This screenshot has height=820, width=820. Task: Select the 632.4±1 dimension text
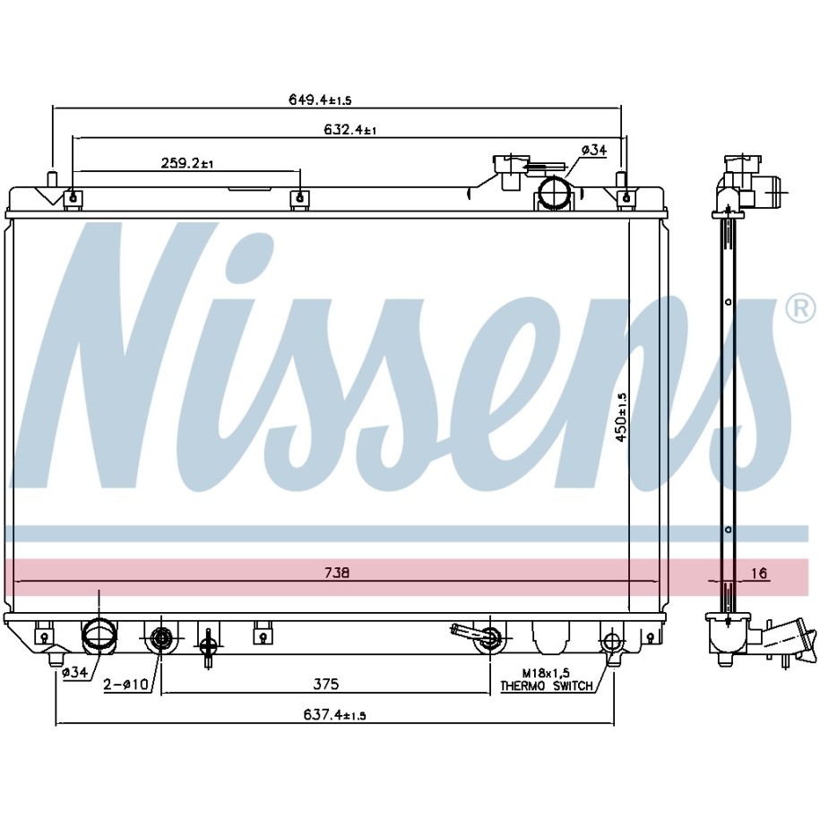pyautogui.click(x=350, y=130)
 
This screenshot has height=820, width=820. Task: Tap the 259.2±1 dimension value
pyautogui.click(x=186, y=163)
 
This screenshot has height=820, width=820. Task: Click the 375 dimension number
pyautogui.click(x=326, y=685)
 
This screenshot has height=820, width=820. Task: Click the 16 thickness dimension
pyautogui.click(x=758, y=573)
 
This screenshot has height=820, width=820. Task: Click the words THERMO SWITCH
pyautogui.click(x=546, y=686)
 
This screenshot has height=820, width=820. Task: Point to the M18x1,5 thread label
pyautogui.click(x=548, y=673)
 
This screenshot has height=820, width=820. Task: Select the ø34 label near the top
pyautogui.click(x=594, y=150)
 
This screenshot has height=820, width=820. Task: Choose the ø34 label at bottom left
pyautogui.click(x=74, y=672)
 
